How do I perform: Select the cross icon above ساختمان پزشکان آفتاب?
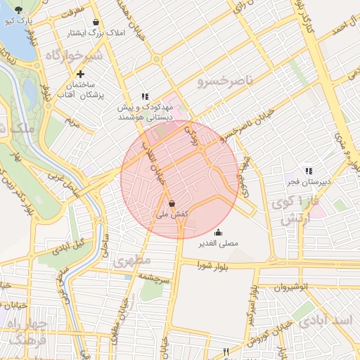(81, 74)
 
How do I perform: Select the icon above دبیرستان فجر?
(308, 170)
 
